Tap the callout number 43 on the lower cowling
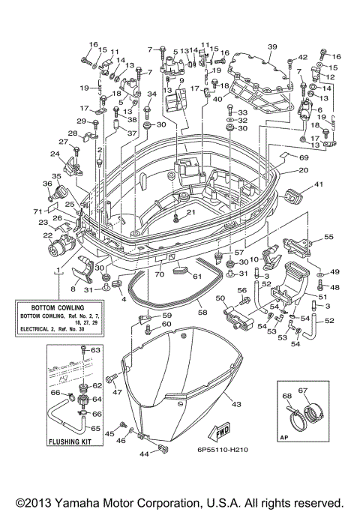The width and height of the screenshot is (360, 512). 236,406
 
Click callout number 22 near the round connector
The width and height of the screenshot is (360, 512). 46,236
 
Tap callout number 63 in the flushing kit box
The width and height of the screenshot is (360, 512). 95,350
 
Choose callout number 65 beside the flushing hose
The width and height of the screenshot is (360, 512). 95,428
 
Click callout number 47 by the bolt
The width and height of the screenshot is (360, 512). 117,391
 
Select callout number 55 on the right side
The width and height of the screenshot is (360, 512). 328,236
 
